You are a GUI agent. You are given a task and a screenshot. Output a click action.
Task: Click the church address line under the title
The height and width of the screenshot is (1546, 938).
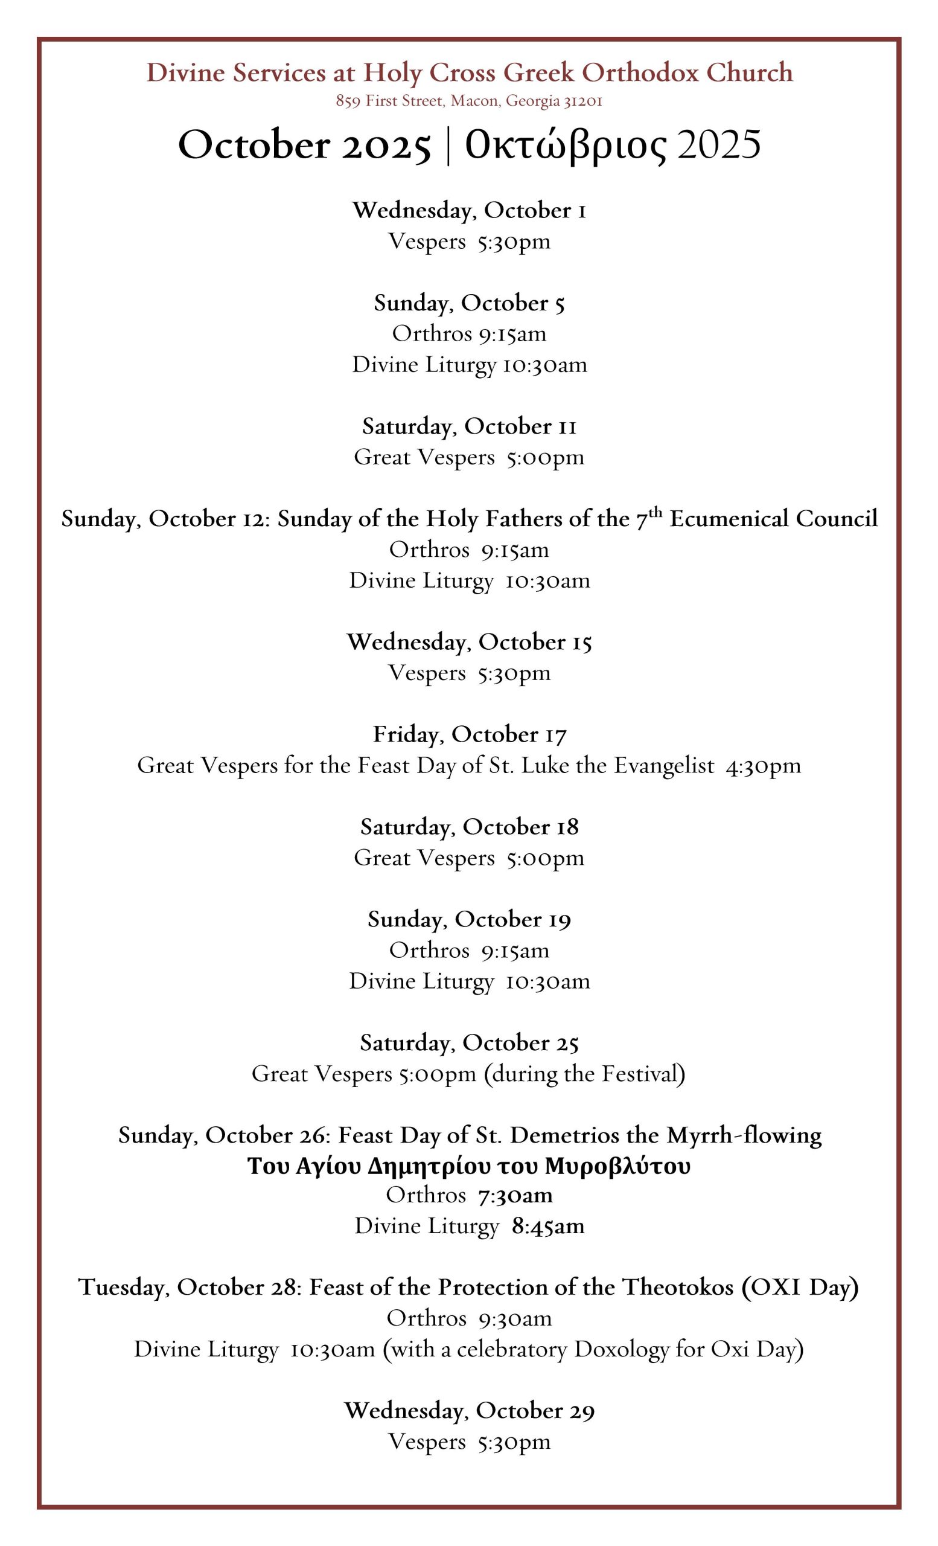point(469,101)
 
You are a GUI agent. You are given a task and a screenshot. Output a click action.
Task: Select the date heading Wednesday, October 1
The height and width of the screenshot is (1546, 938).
point(469,210)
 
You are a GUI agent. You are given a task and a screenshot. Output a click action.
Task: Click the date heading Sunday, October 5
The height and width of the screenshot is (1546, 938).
point(469,303)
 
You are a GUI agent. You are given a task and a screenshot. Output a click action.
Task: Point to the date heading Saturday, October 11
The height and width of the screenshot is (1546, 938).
point(469,426)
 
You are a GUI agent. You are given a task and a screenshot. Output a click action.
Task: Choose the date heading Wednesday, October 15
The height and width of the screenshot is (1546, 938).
point(469,642)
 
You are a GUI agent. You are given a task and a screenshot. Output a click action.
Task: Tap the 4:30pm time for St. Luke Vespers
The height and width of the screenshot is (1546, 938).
point(763,766)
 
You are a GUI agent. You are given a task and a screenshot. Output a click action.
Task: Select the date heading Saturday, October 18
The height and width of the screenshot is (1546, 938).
point(469,827)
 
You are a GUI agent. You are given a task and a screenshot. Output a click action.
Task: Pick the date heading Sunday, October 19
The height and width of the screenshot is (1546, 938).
point(469,919)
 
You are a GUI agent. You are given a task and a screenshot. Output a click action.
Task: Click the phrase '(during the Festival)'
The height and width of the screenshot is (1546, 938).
point(584,1074)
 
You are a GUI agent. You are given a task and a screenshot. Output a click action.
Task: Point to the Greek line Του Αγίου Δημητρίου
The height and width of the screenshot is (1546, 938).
point(469,1166)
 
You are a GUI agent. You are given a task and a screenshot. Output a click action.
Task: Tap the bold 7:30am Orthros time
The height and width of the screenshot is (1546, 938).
point(515,1195)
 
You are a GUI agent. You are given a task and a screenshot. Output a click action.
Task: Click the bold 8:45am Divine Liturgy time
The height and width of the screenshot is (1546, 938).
point(547,1226)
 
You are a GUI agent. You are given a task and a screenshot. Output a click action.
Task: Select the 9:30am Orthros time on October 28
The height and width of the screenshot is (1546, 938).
point(515,1318)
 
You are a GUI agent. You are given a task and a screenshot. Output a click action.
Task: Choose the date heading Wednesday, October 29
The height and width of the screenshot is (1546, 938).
point(469,1411)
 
